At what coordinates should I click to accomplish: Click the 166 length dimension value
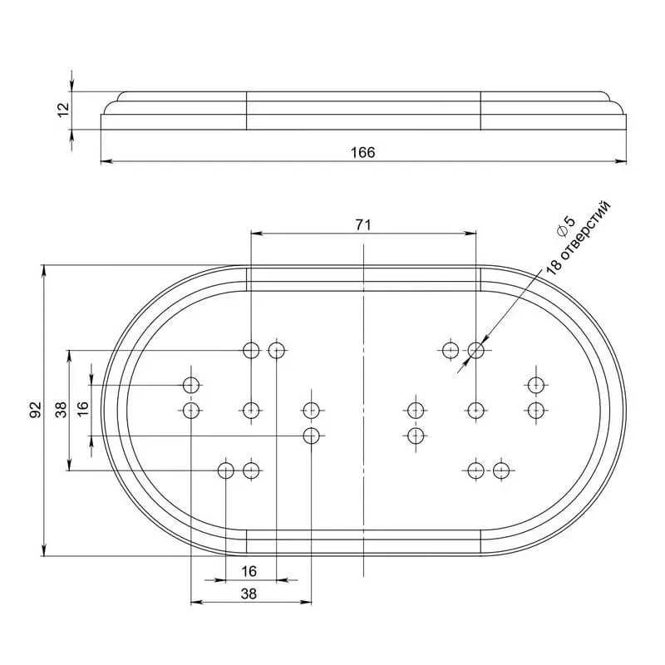pos(362,152)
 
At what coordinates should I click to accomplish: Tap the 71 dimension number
pos(362,224)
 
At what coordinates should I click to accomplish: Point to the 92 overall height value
pos(35,410)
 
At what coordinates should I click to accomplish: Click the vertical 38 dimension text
pos(61,410)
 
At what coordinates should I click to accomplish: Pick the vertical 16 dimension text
pos(81,410)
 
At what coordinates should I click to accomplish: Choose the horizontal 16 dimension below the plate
pos(250,571)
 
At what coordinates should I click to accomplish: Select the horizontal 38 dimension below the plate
pos(250,594)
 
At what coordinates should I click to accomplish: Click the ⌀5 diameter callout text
pos(563,224)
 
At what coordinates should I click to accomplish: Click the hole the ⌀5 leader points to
pos(475,350)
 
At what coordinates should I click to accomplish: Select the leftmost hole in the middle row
pos(192,410)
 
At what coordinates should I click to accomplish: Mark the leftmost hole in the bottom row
pos(225,471)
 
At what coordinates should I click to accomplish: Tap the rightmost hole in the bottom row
pos(500,471)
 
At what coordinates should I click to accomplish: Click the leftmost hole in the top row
pos(251,350)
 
